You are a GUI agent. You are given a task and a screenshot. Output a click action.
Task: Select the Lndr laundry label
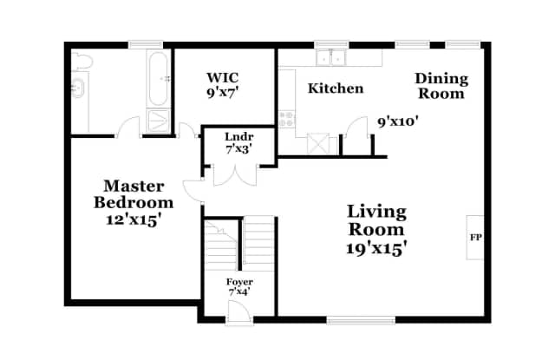point(238,137)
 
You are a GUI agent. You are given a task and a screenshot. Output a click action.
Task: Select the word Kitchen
point(336,88)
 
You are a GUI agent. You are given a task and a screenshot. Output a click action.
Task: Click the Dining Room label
point(440,86)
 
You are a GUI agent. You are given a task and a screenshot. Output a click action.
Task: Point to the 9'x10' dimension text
point(398,121)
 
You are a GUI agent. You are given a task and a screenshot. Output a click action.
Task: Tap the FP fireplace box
point(475,236)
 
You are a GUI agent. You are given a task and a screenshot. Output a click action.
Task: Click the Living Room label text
point(376,220)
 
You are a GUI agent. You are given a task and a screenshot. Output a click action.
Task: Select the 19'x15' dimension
point(376,248)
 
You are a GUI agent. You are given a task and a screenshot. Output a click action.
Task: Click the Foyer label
point(238,282)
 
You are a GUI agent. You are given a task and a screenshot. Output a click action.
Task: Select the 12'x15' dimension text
point(134,220)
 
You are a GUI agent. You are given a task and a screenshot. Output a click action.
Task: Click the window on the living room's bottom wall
point(360,317)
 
